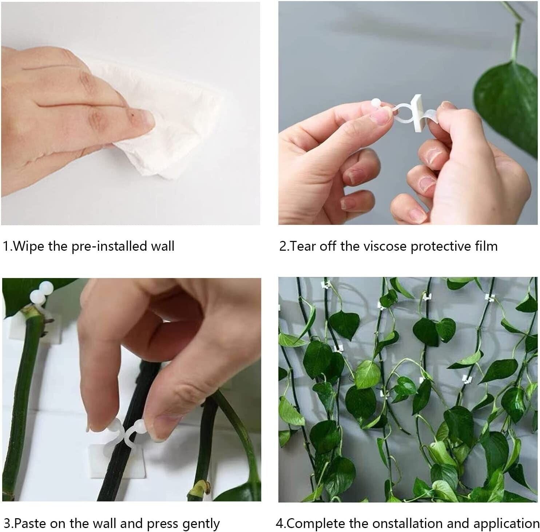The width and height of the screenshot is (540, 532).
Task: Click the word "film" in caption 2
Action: (x=485, y=246)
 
